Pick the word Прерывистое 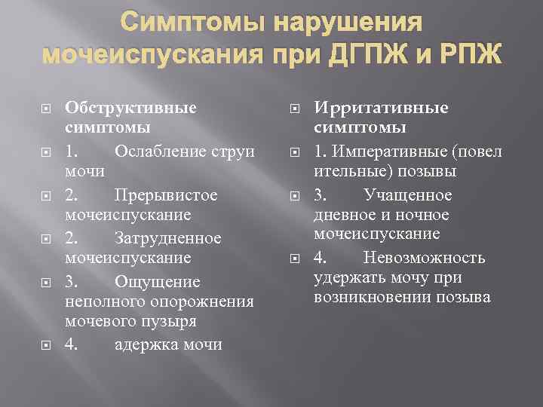166,195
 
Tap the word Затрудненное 168,238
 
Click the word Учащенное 408,195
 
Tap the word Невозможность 424,258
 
